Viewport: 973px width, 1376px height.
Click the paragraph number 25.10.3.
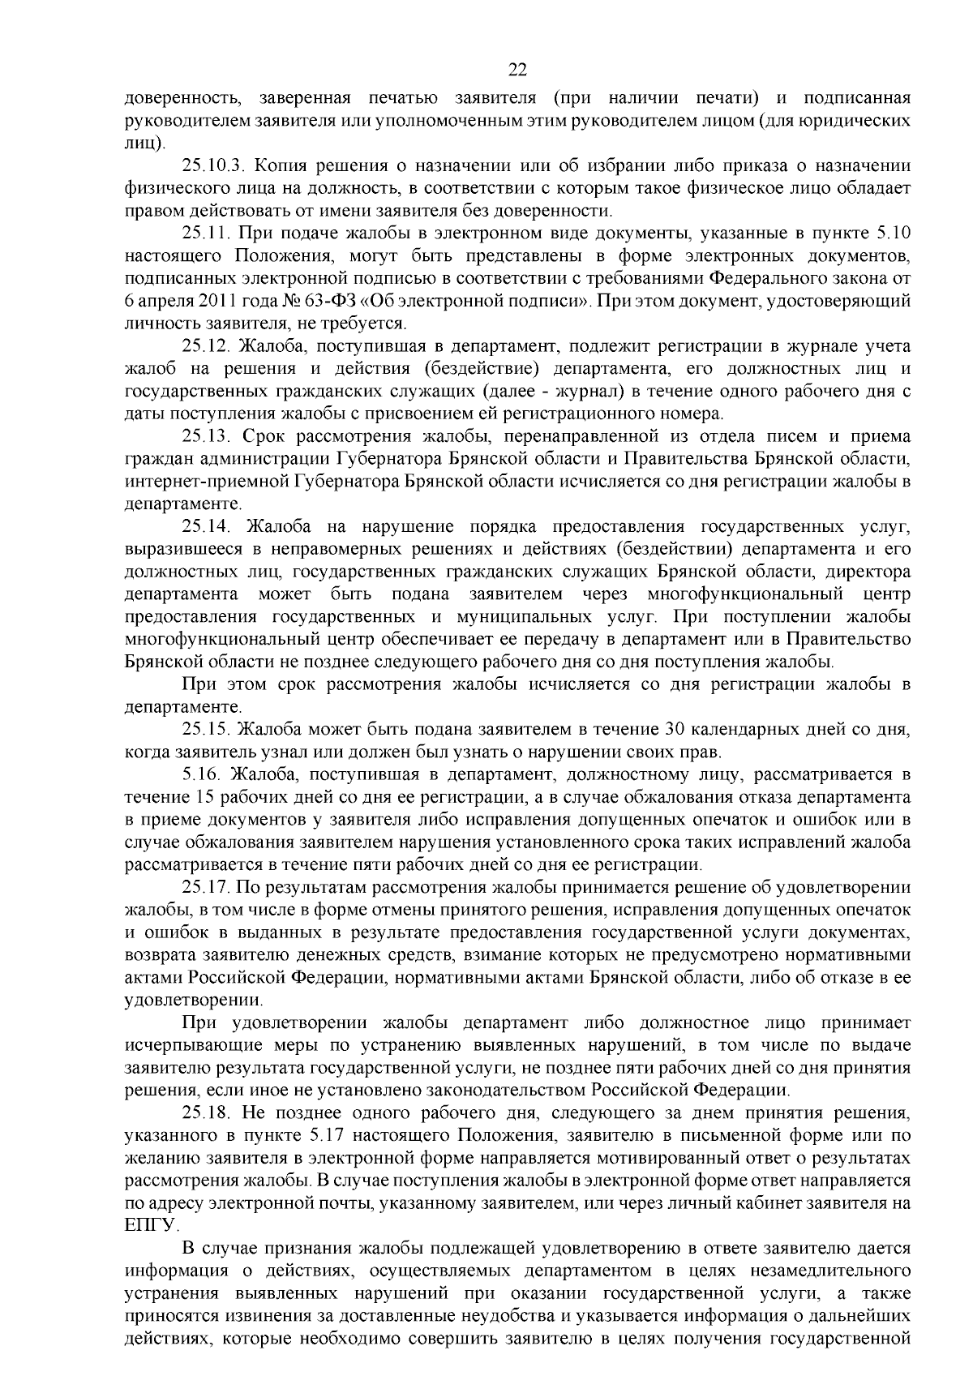click(x=213, y=166)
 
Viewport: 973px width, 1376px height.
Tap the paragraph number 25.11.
click(x=208, y=234)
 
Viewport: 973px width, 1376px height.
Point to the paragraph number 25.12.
click(x=208, y=346)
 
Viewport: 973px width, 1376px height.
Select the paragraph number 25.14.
click(x=208, y=527)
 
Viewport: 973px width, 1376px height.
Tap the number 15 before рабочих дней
click(x=205, y=796)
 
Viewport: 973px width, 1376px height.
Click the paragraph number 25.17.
click(x=208, y=886)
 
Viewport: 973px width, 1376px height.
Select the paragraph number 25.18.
click(x=208, y=1111)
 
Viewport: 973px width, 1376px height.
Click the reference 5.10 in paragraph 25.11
click(x=894, y=234)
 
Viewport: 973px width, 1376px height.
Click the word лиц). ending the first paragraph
click(x=144, y=144)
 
